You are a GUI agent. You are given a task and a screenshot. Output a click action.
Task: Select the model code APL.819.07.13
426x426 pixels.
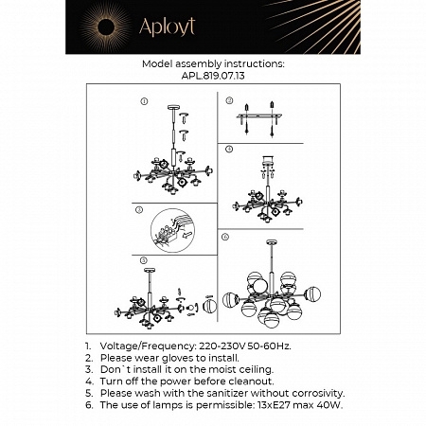coord(213,76)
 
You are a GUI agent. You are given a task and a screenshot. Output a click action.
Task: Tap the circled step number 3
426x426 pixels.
coord(139,208)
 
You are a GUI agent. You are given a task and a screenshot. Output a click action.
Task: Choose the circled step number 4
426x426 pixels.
coord(227,150)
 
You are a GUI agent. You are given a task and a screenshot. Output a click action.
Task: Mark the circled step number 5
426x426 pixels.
coord(144,258)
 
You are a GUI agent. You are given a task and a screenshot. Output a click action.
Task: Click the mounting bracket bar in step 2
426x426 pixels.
coord(266,118)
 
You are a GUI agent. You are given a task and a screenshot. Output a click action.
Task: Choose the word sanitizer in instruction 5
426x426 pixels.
coord(229,393)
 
